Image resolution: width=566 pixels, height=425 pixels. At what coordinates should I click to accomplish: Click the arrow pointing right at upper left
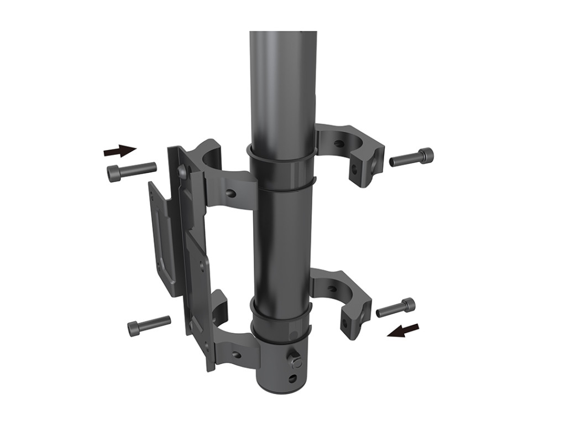(x=119, y=150)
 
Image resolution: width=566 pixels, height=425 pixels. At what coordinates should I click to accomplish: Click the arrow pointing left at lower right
(x=403, y=330)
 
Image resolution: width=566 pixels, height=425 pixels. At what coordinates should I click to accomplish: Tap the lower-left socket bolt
(x=149, y=325)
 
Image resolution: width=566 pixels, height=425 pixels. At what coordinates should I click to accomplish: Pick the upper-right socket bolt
(x=412, y=158)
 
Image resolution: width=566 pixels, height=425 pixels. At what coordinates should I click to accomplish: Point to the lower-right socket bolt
(x=396, y=308)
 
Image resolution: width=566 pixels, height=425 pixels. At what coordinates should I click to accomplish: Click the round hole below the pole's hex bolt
(x=292, y=380)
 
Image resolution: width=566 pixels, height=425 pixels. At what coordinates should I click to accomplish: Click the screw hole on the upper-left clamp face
(x=231, y=194)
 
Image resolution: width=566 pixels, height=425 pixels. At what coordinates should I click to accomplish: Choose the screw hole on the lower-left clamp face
(x=236, y=354)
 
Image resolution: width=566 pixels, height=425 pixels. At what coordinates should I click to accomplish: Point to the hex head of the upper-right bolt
(x=426, y=156)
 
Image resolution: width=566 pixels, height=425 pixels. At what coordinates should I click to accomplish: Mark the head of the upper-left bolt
(x=114, y=174)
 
